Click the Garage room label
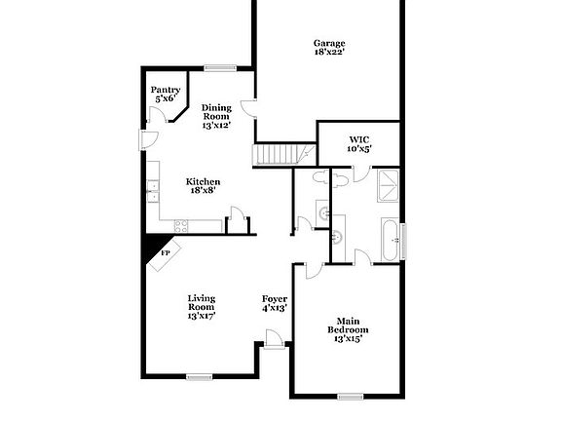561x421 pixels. [330, 47]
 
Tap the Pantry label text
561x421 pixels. [165, 94]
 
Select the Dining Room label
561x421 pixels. [215, 116]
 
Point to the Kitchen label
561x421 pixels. [204, 185]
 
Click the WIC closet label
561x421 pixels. [359, 144]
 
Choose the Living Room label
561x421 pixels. [202, 306]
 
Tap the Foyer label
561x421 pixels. [274, 303]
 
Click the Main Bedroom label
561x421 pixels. [348, 330]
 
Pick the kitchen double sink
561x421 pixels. [152, 190]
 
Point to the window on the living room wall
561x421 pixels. [200, 376]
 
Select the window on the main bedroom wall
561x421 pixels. [350, 396]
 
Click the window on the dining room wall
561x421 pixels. [219, 67]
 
